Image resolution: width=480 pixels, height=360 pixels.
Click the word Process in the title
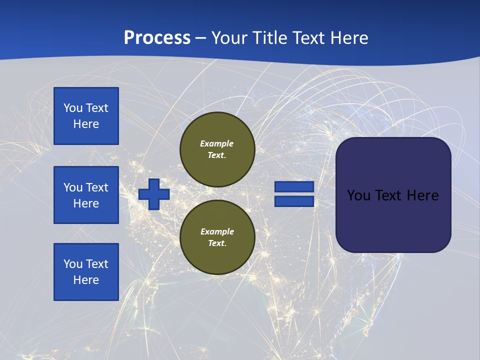pyautogui.click(x=157, y=37)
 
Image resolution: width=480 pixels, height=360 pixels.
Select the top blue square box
pyautogui.click(x=86, y=116)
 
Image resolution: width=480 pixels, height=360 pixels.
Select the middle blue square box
pyautogui.click(x=86, y=195)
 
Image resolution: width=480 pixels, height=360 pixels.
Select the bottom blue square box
pyautogui.click(x=86, y=272)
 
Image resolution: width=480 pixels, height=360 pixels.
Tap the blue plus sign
pyautogui.click(x=154, y=194)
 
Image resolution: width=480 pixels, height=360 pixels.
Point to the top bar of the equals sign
pyautogui.click(x=294, y=187)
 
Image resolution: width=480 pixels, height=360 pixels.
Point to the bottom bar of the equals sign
pyautogui.click(x=294, y=201)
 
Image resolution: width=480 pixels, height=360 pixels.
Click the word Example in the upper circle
pyautogui.click(x=217, y=143)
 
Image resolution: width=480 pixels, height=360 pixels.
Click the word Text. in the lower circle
pyautogui.click(x=217, y=243)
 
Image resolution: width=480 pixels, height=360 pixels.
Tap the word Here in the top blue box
pyautogui.click(x=86, y=124)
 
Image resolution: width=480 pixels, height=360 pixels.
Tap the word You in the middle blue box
pyautogui.click(x=72, y=187)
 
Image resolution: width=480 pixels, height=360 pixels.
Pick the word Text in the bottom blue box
pyautogui.click(x=96, y=264)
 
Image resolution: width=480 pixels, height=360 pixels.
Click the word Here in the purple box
pyautogui.click(x=422, y=195)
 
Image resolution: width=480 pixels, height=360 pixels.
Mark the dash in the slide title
pyautogui.click(x=201, y=38)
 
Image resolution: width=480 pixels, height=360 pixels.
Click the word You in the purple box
pyautogui.click(x=358, y=195)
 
